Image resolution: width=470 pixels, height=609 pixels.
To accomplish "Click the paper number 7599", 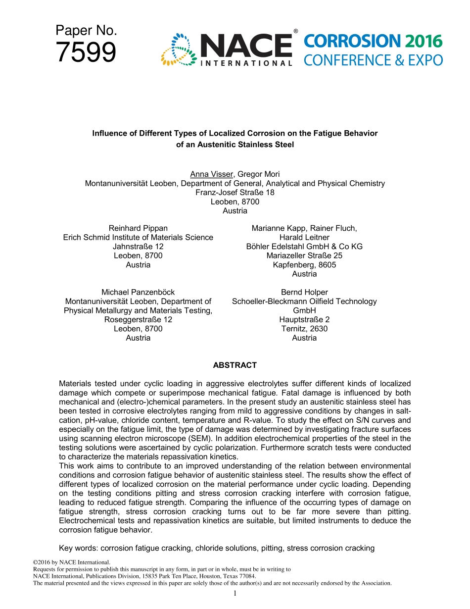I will point(86,52).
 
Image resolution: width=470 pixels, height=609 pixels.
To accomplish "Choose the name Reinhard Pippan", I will point(138,228).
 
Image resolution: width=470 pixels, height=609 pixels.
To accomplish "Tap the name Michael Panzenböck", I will point(138,292).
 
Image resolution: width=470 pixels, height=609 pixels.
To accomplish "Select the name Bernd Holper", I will point(304,292).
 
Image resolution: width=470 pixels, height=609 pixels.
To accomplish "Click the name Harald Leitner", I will point(304,237).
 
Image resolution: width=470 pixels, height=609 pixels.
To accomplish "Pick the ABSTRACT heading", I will point(235,365).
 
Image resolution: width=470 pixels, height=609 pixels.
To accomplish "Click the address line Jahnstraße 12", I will point(138,247).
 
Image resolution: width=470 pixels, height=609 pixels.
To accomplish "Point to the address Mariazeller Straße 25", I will point(304,255).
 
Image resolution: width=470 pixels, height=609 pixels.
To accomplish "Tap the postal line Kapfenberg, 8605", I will point(304,265).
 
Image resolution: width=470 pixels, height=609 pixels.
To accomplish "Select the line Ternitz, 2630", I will point(304,329).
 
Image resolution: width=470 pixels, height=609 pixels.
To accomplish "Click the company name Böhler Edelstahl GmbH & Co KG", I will point(304,247).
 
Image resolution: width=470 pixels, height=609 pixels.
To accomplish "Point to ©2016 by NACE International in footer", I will point(71,562).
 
